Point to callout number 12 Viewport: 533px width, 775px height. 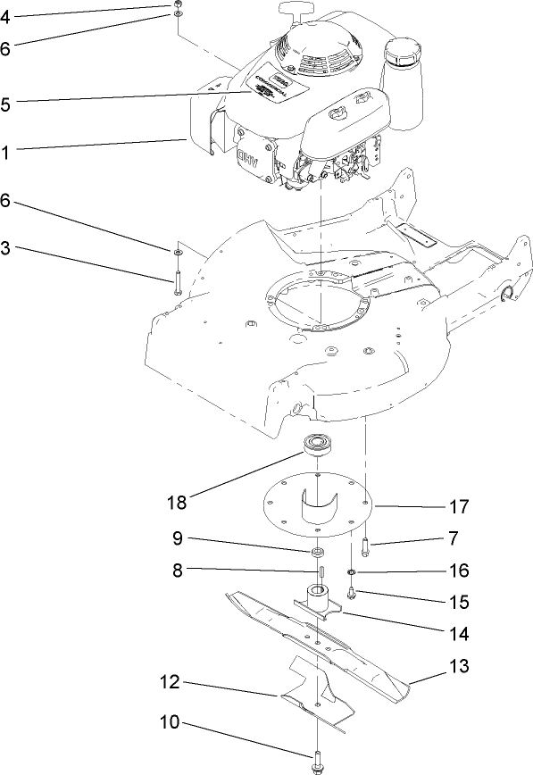click(x=171, y=683)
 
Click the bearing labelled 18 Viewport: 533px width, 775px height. click(x=317, y=444)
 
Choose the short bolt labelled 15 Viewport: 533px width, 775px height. click(x=354, y=590)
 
